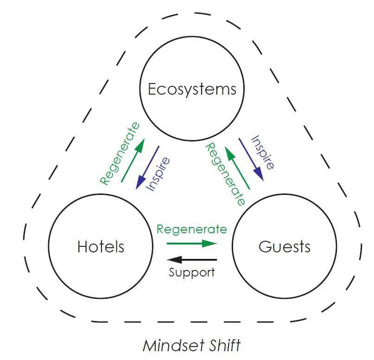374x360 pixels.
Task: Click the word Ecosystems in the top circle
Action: (x=192, y=89)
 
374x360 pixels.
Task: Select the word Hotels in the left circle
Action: (x=101, y=246)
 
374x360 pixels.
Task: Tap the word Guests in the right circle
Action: (x=285, y=246)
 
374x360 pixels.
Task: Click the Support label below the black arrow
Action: (x=191, y=272)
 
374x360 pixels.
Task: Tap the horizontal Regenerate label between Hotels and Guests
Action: (x=191, y=229)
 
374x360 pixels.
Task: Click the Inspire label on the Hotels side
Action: (x=158, y=174)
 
